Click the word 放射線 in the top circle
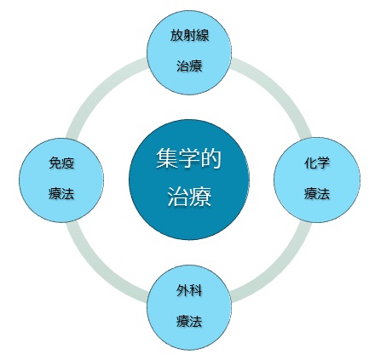(189, 36)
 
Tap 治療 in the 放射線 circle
(189, 66)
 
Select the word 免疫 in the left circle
(61, 163)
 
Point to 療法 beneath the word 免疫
(61, 194)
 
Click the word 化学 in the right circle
(317, 163)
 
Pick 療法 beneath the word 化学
(317, 194)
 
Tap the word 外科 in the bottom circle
(189, 290)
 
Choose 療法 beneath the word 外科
(189, 321)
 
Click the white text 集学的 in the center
(189, 159)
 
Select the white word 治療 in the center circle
(189, 197)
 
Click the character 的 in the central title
(210, 159)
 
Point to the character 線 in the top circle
(203, 36)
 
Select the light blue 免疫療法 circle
(61, 180)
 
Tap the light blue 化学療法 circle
(317, 180)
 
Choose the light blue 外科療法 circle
(189, 307)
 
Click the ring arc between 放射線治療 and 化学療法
(278, 90)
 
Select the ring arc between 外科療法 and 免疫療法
(100, 269)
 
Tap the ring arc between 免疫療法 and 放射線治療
(100, 90)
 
